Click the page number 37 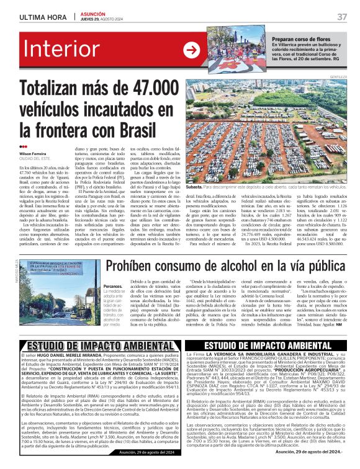click(341, 16)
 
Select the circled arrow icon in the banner click(191, 51)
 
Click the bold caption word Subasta click(194, 186)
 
